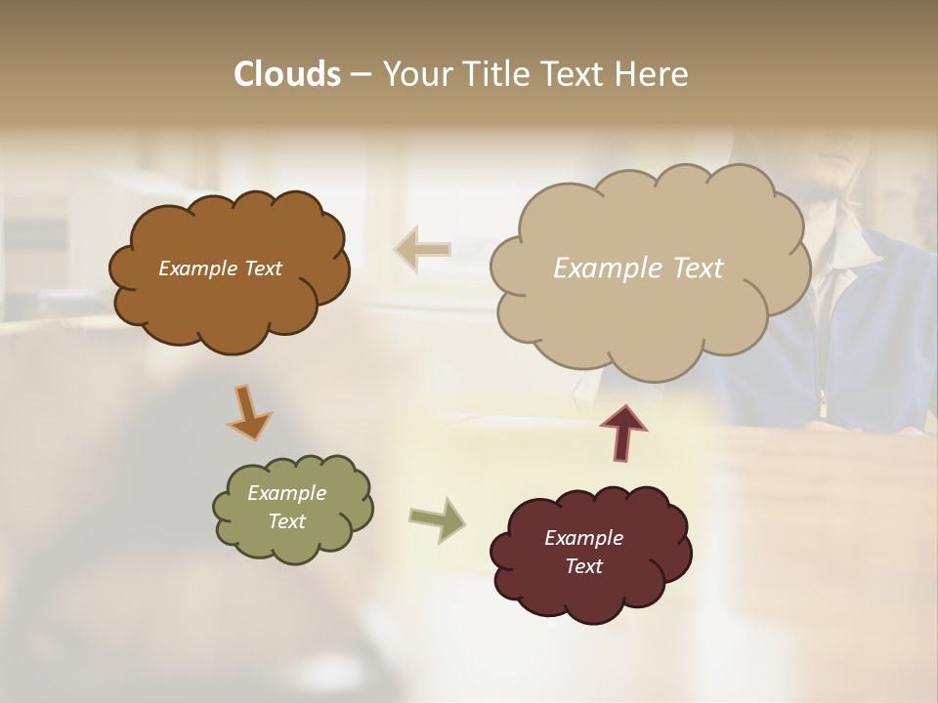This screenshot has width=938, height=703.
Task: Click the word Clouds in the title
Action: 286,74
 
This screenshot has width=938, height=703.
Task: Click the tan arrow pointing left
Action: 422,249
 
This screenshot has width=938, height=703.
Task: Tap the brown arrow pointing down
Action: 249,412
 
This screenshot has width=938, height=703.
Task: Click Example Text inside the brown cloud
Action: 220,269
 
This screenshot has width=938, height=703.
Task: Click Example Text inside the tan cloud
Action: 638,269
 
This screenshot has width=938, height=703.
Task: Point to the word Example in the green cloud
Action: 286,493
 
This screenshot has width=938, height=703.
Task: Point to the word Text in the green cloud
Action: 286,521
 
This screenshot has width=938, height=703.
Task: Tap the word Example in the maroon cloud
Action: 583,538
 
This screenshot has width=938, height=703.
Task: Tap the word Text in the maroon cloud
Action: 583,566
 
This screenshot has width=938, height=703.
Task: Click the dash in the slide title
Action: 361,75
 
